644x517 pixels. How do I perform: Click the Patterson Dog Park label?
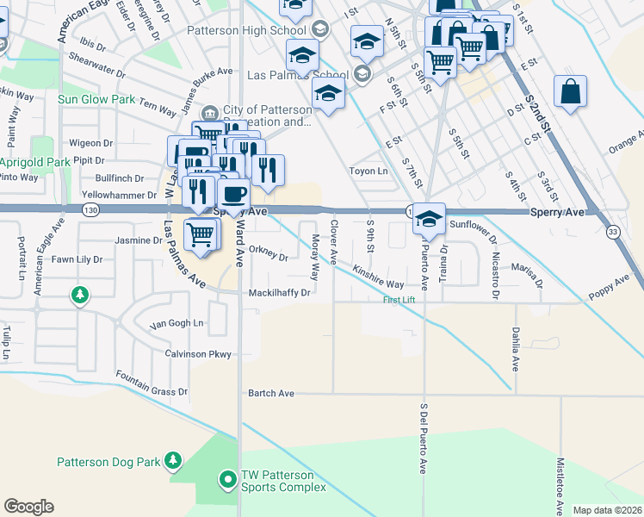pos(108,462)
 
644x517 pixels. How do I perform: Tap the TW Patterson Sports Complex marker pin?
pos(228,477)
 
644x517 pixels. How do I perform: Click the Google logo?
pos(28,507)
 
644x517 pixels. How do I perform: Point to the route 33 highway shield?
pos(612,232)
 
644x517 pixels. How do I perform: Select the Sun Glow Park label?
pos(96,99)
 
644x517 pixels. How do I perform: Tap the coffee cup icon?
pos(233,195)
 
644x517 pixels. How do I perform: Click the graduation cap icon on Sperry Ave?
pos(428,219)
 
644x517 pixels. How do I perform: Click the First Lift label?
pos(399,300)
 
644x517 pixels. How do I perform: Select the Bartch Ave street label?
pos(271,394)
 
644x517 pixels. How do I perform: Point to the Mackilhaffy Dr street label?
pos(279,293)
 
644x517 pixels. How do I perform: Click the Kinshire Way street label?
pos(378,277)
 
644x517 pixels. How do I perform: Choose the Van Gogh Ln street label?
pos(177,324)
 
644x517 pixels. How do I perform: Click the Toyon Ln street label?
pos(368,171)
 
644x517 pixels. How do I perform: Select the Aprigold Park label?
pos(35,161)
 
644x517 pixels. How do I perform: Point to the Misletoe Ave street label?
pos(560,487)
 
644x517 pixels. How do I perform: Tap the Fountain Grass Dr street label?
pos(152,384)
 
